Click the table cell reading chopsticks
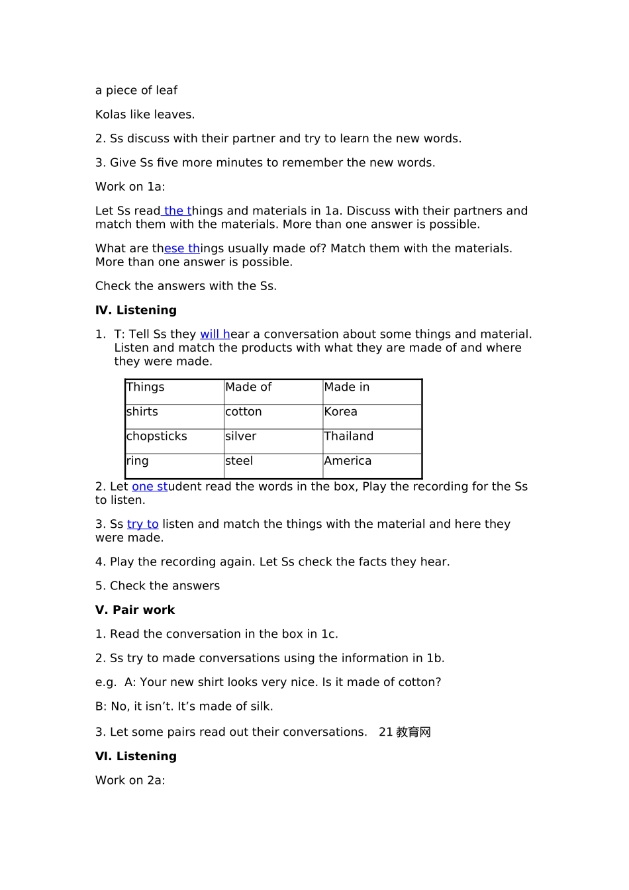click(x=157, y=436)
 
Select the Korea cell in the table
click(x=341, y=412)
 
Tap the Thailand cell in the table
click(x=349, y=436)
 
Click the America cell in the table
click(x=348, y=461)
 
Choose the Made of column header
click(x=248, y=387)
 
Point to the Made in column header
click(x=347, y=387)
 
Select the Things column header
click(x=146, y=387)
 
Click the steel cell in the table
click(x=239, y=461)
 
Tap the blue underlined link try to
click(x=143, y=524)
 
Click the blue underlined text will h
click(x=215, y=334)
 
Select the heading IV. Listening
click(x=136, y=310)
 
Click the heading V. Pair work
click(x=135, y=610)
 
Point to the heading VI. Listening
click(x=136, y=756)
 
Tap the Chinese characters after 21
click(x=414, y=732)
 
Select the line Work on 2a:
click(x=130, y=780)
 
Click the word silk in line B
click(x=260, y=707)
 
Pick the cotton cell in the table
click(x=244, y=412)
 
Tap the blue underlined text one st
click(x=150, y=487)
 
